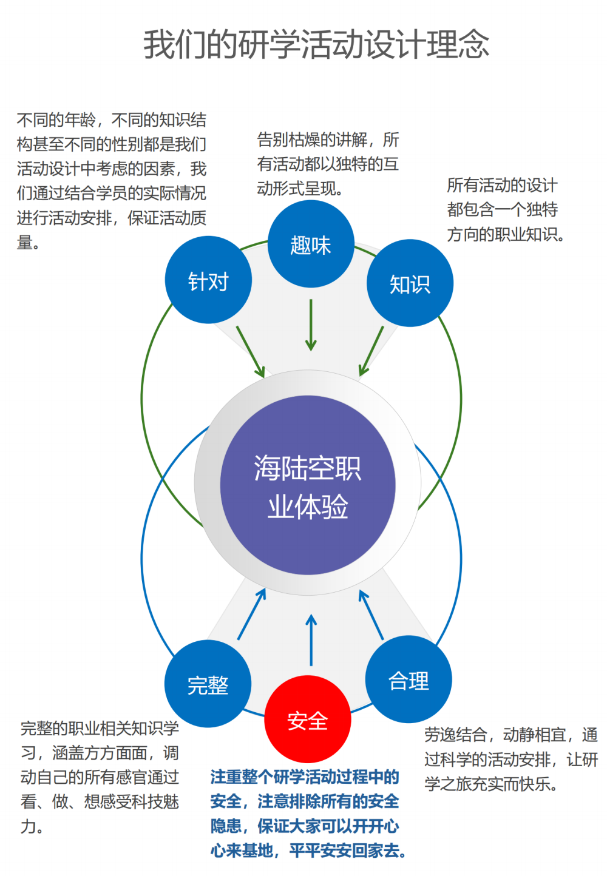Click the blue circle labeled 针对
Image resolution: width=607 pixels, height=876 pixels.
(x=208, y=280)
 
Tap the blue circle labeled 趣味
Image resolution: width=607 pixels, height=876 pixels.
(x=311, y=244)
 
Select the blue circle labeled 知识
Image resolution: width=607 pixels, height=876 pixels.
(x=410, y=283)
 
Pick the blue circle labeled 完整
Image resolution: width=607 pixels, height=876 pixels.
(x=208, y=684)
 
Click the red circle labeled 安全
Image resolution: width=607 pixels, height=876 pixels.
(x=308, y=719)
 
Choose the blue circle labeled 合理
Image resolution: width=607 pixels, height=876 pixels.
(x=409, y=679)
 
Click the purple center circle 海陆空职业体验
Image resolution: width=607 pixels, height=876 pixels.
(x=308, y=485)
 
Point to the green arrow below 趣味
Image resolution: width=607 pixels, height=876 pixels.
(x=311, y=325)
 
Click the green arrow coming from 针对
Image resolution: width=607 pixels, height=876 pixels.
(x=250, y=352)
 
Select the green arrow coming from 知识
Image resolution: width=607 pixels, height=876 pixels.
(x=371, y=352)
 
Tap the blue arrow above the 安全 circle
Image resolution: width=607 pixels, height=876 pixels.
(x=311, y=641)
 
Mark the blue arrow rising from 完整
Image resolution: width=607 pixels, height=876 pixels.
(x=251, y=614)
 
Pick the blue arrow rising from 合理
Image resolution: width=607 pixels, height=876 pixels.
(x=371, y=615)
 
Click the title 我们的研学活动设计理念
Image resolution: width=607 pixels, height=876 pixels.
(x=316, y=44)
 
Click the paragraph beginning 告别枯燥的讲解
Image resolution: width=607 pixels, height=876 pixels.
(x=328, y=164)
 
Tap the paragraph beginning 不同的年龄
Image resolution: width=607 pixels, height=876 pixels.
(x=112, y=181)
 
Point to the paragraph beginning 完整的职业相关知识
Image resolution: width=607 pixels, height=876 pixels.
(x=100, y=777)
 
